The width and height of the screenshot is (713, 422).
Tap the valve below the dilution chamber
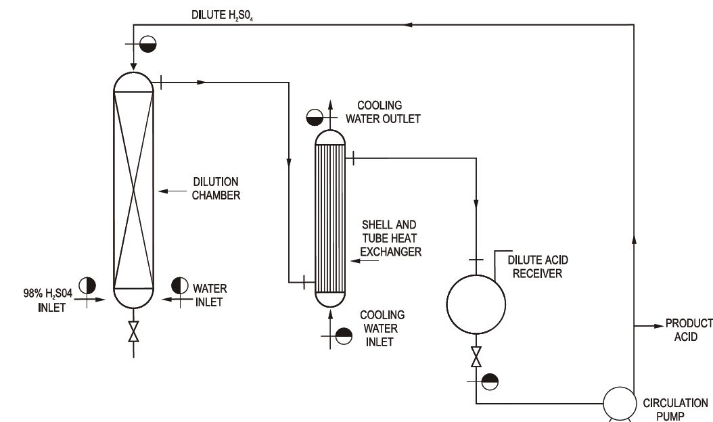coord(133,331)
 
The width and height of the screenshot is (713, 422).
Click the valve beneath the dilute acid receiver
coord(476,356)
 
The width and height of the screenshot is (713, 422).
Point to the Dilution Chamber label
coord(216,188)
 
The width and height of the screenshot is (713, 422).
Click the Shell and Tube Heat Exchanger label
coord(390,238)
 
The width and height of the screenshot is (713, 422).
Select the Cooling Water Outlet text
coord(383,112)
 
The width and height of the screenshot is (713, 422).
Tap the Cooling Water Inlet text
coord(382,328)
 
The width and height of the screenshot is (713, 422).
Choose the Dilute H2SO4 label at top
coord(222,15)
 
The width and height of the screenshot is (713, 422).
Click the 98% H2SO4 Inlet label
coord(48,300)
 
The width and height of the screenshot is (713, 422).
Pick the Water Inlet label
coord(210,295)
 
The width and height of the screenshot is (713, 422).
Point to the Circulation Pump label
coord(675,410)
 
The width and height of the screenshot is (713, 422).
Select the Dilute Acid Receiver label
coord(538,266)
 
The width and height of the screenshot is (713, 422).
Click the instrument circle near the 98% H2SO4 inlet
coord(87,286)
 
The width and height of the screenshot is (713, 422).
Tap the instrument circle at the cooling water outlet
coord(315,117)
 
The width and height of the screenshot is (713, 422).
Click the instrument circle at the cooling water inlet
coord(344,336)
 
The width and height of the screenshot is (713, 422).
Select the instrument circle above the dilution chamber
coord(147,44)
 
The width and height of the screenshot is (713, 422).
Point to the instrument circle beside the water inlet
coord(180,285)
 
